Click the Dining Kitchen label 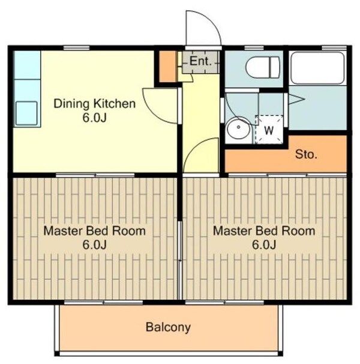tap(95, 103)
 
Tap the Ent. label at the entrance tap(200, 61)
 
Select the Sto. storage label tap(306, 154)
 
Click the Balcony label tap(168, 327)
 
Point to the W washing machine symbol tap(269, 130)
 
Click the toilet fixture tap(263, 67)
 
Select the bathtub tap(318, 68)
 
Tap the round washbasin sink tap(238, 128)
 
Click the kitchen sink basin tap(26, 114)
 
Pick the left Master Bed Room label tap(95, 231)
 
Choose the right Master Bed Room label tap(264, 231)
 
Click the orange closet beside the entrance tap(167, 67)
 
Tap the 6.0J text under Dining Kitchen tap(94, 118)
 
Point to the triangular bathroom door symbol tap(296, 99)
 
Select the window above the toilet tap(254, 48)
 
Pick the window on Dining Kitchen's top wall tap(77, 48)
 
